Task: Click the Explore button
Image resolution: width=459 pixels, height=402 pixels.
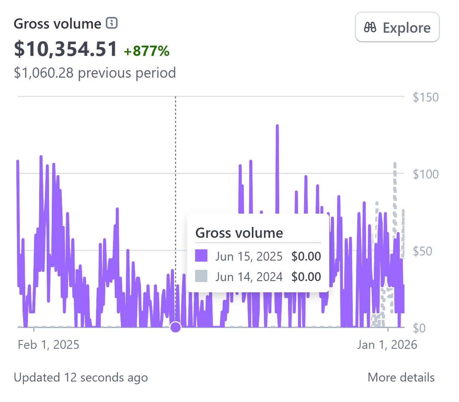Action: coord(397,27)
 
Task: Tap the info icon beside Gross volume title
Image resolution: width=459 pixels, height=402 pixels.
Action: coord(112,23)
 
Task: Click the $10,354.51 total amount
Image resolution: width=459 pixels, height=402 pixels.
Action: coord(65,49)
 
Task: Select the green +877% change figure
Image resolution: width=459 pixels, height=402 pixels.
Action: coord(146,51)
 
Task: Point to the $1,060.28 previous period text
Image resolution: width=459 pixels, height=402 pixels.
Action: coord(95,73)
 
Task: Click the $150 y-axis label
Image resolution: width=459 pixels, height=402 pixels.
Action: coord(425,97)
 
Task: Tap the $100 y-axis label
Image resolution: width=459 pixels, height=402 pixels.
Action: coord(425,174)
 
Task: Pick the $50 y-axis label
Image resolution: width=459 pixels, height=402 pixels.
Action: coord(422,251)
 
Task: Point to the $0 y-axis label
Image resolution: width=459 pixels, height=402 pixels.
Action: coord(419,328)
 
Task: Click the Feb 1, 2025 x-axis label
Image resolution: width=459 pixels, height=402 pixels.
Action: coord(48,345)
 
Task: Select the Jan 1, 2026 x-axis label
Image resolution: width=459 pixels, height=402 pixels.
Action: coord(387,345)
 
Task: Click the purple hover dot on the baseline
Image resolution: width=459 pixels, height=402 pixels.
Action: coord(176,327)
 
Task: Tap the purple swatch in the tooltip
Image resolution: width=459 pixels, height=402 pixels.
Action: coord(201,256)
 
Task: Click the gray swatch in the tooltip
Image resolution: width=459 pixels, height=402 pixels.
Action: coord(201,276)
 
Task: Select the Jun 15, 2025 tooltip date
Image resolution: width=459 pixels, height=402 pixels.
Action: coord(249,256)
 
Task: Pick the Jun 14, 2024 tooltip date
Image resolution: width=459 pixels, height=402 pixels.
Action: coord(249,277)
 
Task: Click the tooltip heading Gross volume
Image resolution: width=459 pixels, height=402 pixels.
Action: coord(239,233)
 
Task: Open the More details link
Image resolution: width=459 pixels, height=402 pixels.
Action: coord(401,377)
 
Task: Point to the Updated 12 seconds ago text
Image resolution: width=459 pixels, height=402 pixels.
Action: coord(81,377)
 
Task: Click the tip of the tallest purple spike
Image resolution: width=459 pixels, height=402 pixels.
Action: coord(277,126)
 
